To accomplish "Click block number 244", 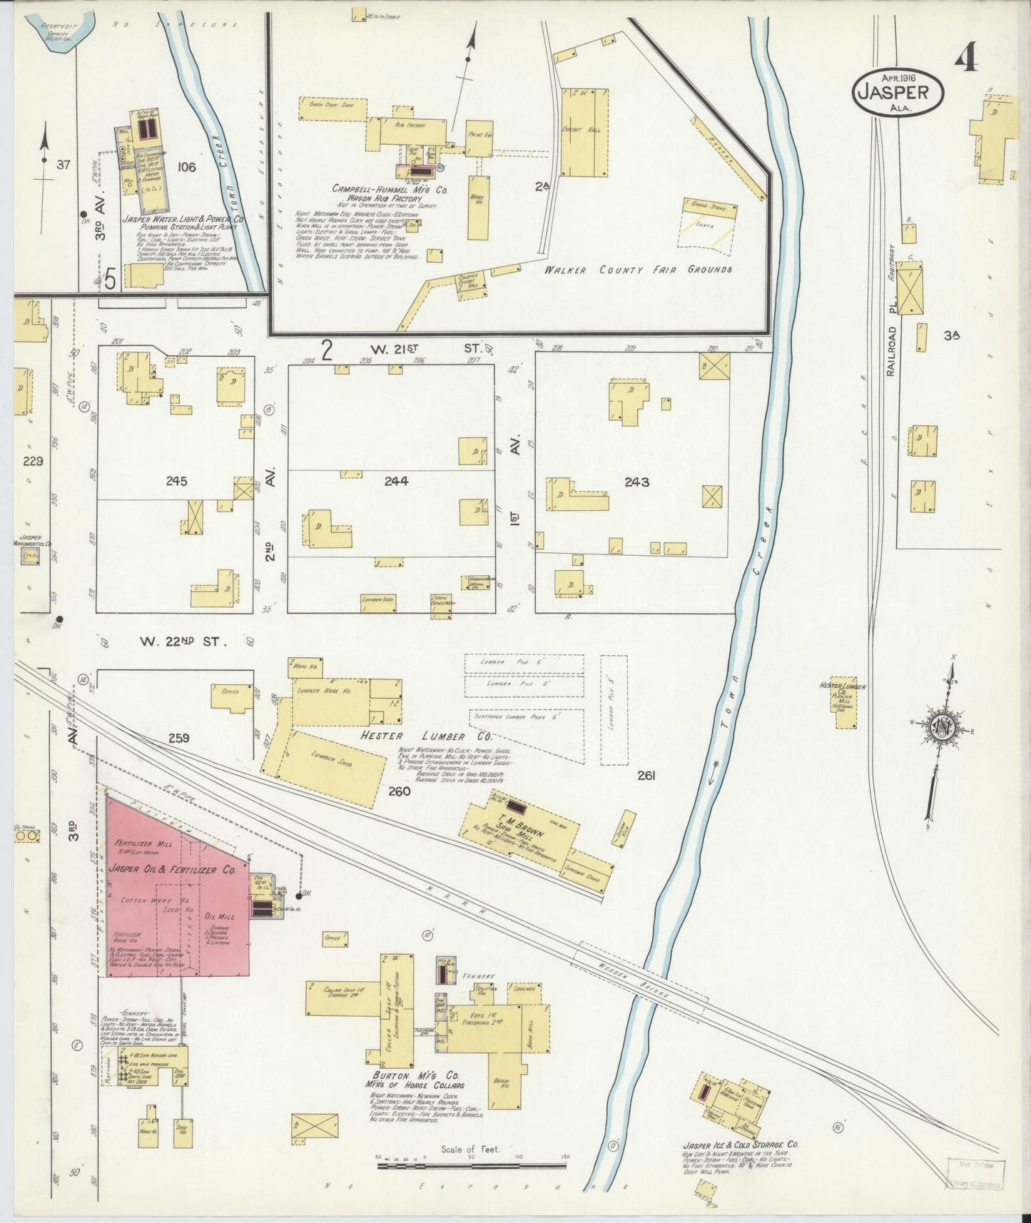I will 396,482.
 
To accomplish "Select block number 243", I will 636,482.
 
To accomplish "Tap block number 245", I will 176,482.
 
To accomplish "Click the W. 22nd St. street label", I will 183,641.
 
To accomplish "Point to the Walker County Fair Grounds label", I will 638,270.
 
